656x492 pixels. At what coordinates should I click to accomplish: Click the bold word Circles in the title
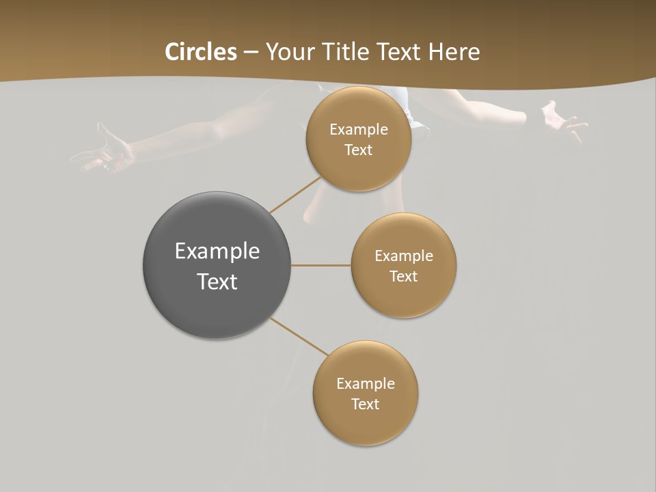click(x=201, y=52)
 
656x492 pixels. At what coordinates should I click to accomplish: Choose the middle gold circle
click(x=403, y=297)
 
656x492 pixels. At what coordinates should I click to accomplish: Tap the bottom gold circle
click(x=365, y=424)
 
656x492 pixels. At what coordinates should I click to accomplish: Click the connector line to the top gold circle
click(x=295, y=195)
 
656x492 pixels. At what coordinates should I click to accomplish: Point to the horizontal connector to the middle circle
click(x=320, y=265)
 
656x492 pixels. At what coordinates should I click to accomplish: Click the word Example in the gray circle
click(x=217, y=251)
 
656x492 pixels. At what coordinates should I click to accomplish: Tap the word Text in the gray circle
click(x=217, y=282)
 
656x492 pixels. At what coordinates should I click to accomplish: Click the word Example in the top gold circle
click(x=358, y=130)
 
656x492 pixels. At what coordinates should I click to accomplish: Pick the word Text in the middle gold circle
click(x=403, y=277)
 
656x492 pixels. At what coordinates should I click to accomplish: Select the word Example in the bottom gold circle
click(x=365, y=384)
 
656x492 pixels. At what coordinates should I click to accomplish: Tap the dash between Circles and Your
click(x=251, y=53)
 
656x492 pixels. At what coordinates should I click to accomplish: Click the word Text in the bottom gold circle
click(x=365, y=405)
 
